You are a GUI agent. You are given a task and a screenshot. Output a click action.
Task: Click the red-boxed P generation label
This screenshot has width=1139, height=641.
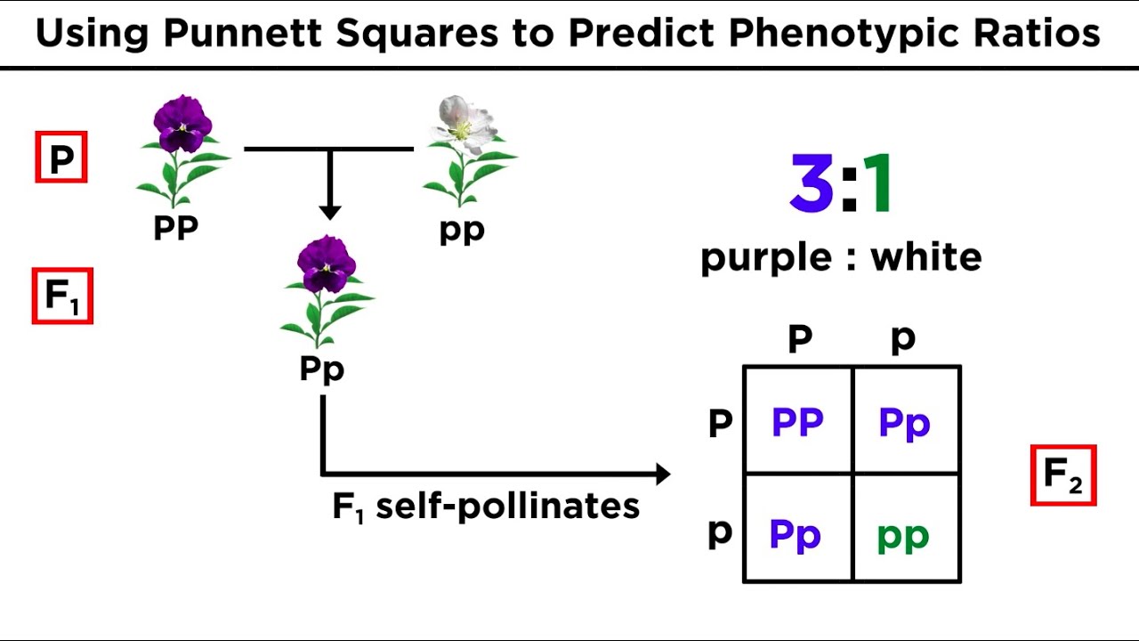[x=61, y=158]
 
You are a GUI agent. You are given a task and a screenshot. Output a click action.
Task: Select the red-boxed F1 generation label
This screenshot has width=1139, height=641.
[x=62, y=296]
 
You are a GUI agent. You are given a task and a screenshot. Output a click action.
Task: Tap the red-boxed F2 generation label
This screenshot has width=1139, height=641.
[x=1063, y=475]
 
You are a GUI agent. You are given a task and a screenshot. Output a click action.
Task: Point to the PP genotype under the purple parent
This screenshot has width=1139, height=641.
[x=175, y=228]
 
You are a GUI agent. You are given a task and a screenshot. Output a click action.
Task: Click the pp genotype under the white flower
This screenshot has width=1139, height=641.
[x=462, y=231]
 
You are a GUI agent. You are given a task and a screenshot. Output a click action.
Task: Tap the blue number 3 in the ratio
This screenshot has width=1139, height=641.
[x=812, y=185]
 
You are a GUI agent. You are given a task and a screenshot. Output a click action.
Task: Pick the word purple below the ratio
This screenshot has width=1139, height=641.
[x=766, y=258]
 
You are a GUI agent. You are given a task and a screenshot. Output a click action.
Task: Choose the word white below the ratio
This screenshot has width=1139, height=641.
[x=925, y=256]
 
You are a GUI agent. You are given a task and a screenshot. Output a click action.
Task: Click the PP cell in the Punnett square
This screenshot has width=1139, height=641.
[x=797, y=422]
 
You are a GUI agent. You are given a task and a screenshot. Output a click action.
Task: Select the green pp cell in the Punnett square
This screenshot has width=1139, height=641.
[x=903, y=536]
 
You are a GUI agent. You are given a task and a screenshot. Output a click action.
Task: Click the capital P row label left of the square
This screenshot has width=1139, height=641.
[x=720, y=424]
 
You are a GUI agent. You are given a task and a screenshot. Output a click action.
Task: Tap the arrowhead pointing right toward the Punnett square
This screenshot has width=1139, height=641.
[x=661, y=475]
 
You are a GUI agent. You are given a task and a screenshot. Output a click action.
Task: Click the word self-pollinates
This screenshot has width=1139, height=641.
[x=507, y=507]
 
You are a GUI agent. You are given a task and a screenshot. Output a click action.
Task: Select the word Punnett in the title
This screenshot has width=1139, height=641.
[x=243, y=34]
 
